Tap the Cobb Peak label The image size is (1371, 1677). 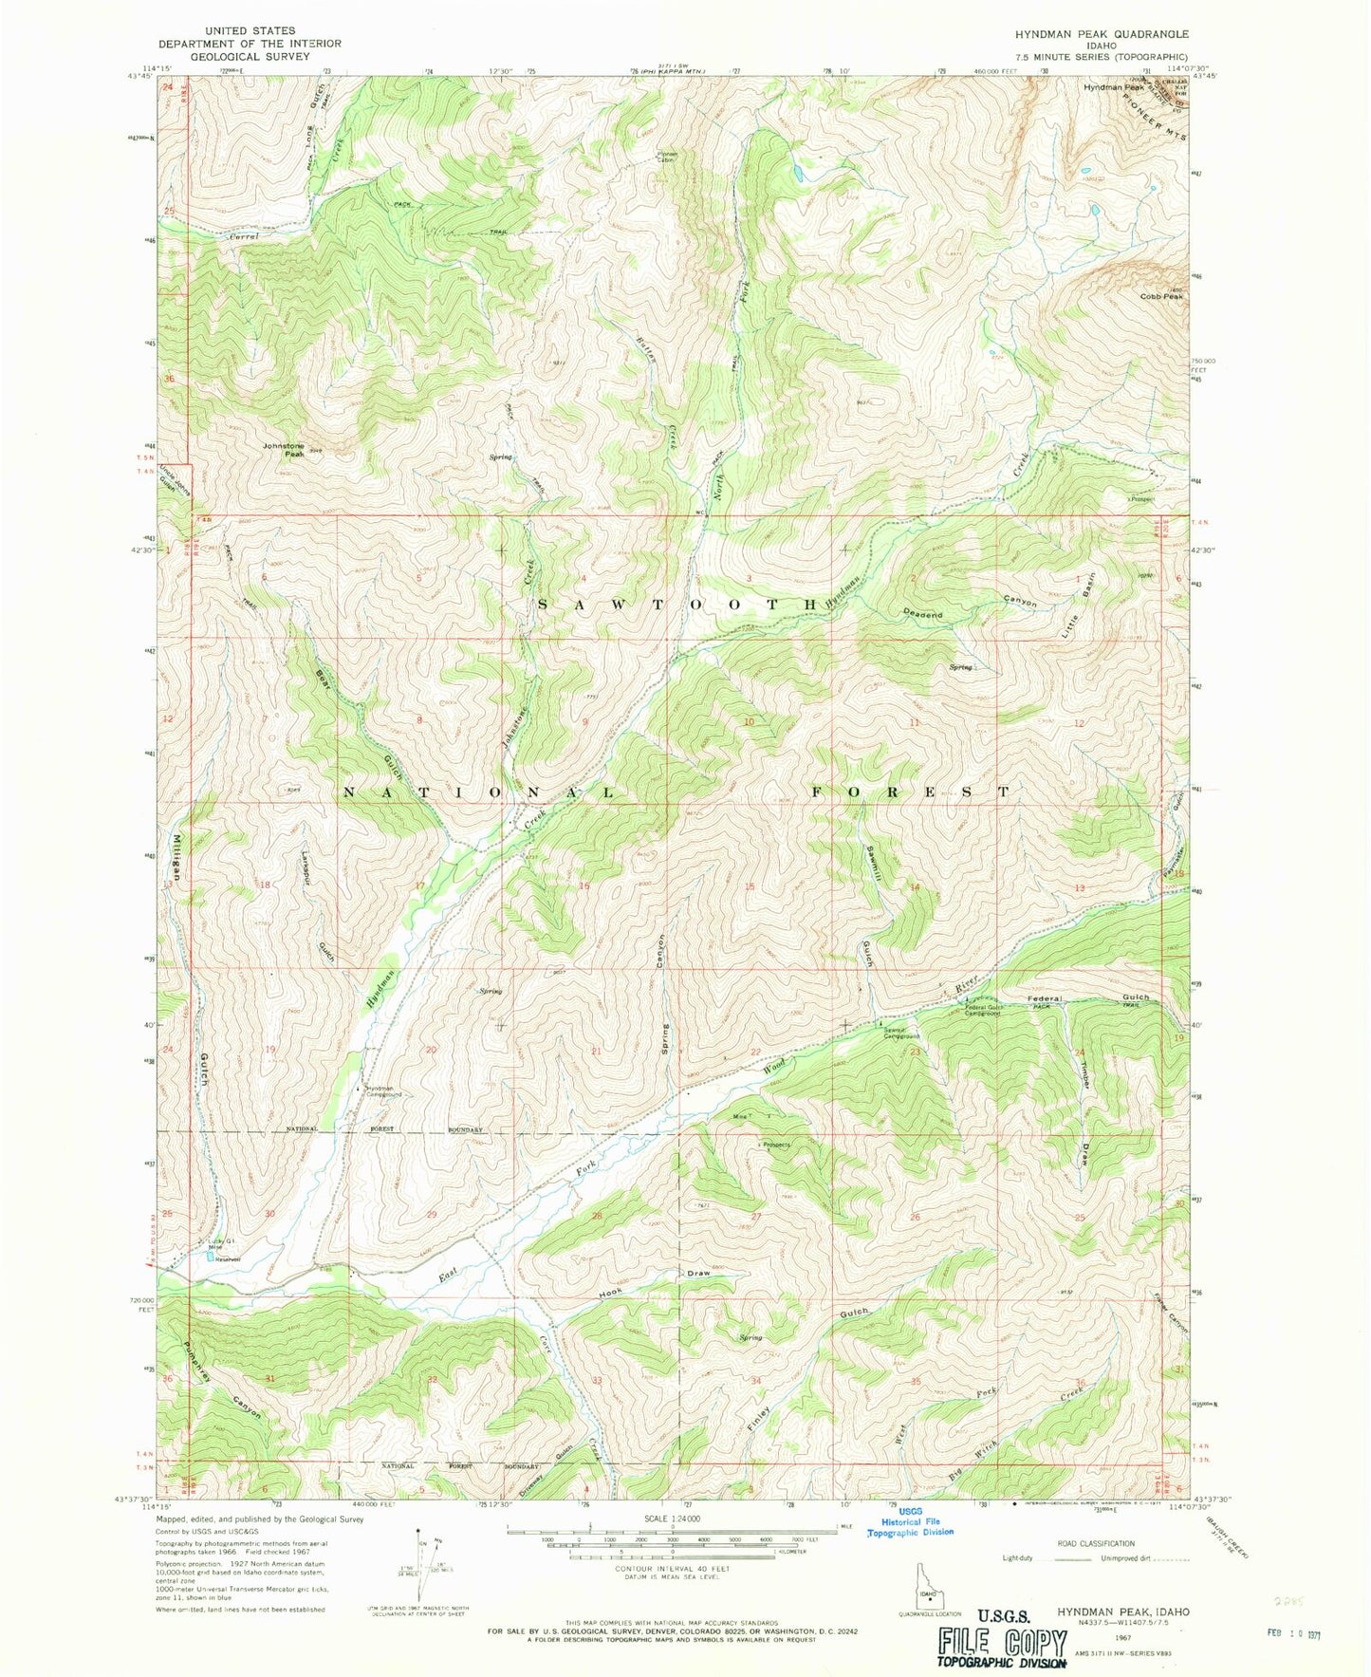click(1161, 296)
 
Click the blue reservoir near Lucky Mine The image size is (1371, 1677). click(210, 1257)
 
